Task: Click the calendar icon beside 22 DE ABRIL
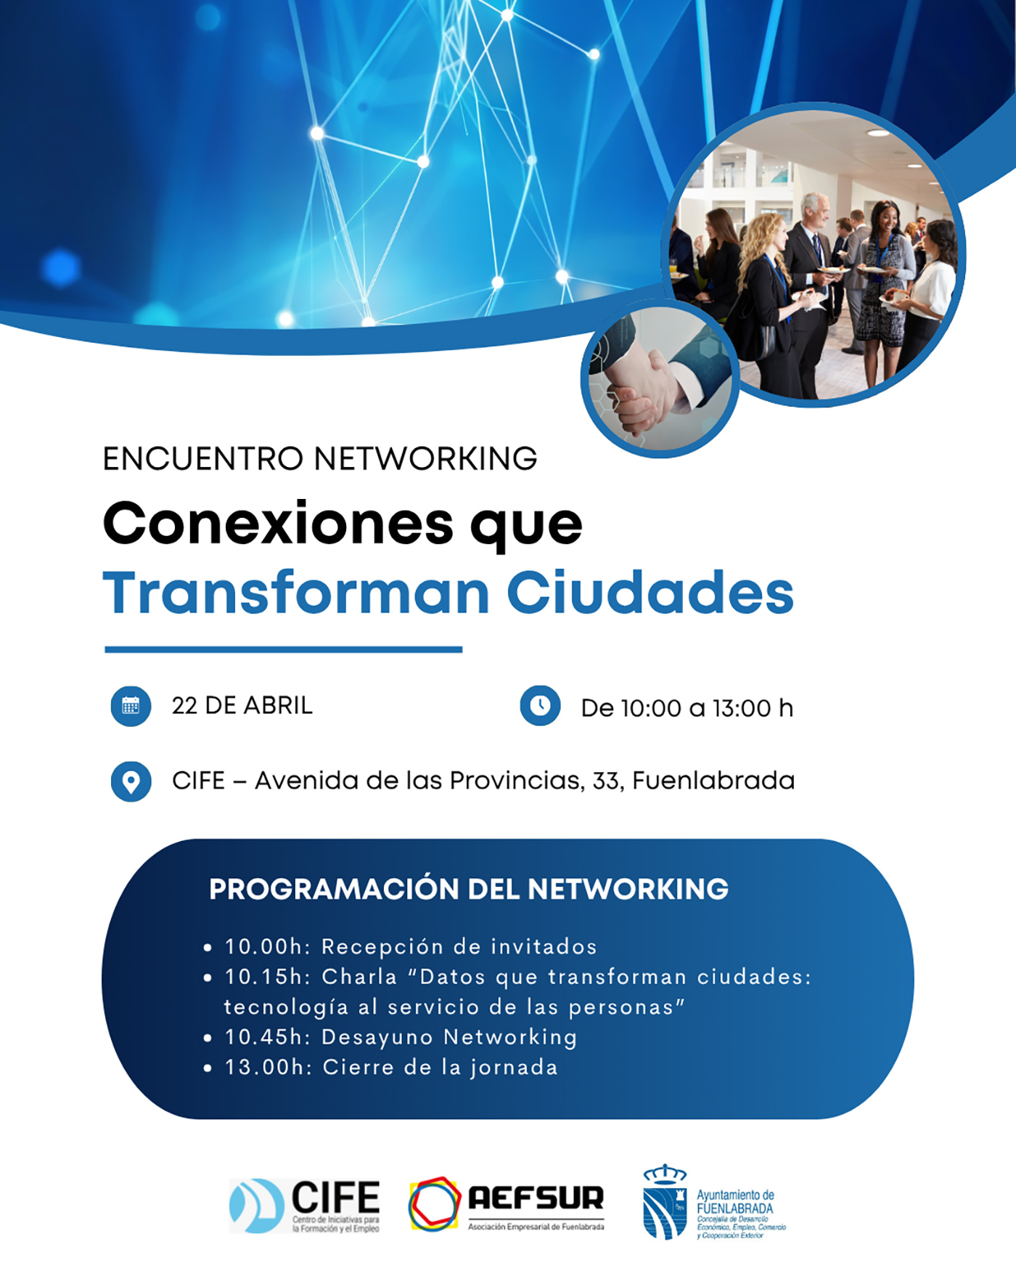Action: click(x=131, y=705)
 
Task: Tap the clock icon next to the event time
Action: click(x=540, y=705)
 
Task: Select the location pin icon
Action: click(x=131, y=781)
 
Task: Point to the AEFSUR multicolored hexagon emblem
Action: click(x=435, y=1203)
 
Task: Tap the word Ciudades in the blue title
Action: click(x=650, y=593)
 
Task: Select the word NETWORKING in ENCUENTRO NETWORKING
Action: click(x=425, y=459)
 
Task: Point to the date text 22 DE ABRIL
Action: click(x=242, y=705)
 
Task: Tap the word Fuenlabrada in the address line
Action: click(x=713, y=781)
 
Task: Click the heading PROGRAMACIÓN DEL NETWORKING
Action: click(x=469, y=889)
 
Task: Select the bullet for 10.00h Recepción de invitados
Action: click(x=208, y=948)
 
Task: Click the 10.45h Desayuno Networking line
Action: click(x=401, y=1037)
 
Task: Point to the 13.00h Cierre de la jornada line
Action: click(x=391, y=1068)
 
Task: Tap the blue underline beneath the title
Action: click(x=283, y=649)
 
